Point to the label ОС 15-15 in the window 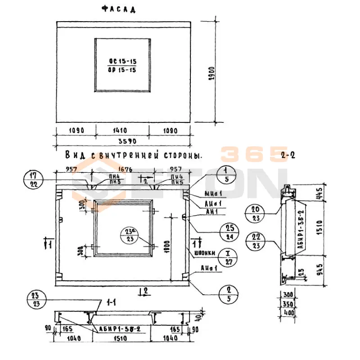[122, 61]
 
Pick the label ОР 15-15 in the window [122, 70]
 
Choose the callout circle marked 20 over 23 [256, 213]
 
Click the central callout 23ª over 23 [130, 234]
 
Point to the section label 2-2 [287, 156]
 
